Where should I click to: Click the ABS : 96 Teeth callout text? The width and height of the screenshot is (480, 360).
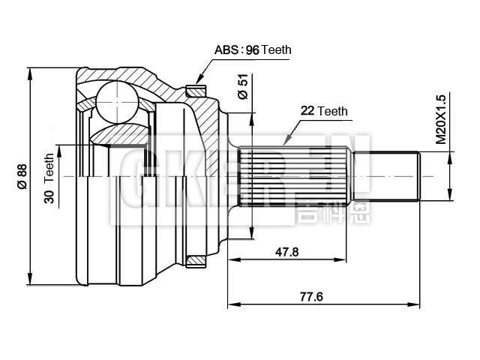253,50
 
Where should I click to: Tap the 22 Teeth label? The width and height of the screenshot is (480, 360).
324,111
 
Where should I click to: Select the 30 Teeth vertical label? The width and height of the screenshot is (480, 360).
49,178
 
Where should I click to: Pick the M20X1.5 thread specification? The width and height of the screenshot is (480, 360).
441,118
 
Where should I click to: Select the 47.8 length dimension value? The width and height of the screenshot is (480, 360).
286,253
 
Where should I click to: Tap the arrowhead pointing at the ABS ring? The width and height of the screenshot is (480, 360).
199,79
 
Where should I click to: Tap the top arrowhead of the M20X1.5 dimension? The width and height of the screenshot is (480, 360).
450,156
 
